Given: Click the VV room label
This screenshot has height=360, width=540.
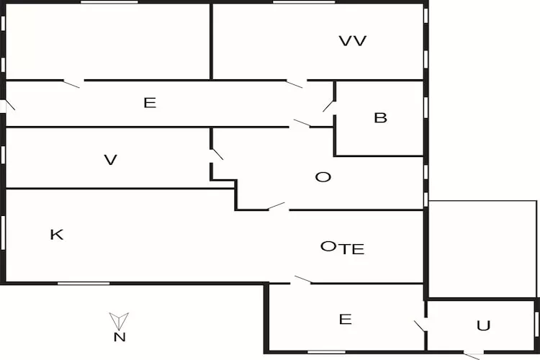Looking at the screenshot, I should [x=353, y=41].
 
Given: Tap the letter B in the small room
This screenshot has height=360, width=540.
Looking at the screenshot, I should [x=380, y=118].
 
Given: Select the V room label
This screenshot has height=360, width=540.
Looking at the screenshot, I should [x=110, y=160].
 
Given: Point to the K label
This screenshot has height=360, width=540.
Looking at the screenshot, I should [x=56, y=234].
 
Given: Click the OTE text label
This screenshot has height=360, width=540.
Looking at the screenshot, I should [x=342, y=248].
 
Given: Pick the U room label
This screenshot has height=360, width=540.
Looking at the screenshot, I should [x=483, y=325].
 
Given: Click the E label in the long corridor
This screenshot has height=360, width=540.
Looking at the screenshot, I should [x=149, y=103].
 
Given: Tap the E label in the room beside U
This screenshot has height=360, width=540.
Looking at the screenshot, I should [x=345, y=319].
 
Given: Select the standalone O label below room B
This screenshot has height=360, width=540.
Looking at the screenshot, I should [x=323, y=176].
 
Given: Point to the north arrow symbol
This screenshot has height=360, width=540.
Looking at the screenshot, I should [x=119, y=320].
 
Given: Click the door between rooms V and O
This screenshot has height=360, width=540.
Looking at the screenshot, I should [x=216, y=153].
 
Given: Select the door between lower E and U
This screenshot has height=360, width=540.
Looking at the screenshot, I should [x=420, y=325].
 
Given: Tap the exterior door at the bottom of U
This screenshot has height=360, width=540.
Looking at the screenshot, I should [x=472, y=354].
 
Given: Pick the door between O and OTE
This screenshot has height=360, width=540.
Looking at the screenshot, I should [x=277, y=207].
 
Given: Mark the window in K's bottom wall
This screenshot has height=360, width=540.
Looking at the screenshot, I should [x=83, y=283].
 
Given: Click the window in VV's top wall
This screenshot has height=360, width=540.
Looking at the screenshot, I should [x=304, y=2].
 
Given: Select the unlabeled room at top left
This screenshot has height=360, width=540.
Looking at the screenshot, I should [x=108, y=41].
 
